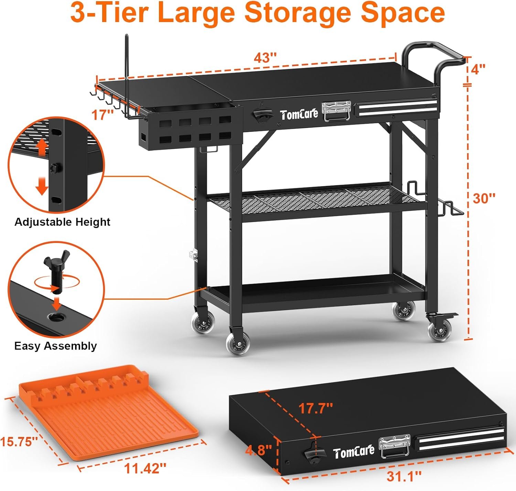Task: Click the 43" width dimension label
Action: [265, 57]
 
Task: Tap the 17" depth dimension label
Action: [103, 115]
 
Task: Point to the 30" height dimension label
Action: [484, 199]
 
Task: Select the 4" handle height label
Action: [478, 69]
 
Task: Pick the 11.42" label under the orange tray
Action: [145, 468]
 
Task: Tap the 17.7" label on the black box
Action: [315, 408]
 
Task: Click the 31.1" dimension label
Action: [404, 476]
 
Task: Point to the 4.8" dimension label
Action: [259, 450]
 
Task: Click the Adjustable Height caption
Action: [62, 222]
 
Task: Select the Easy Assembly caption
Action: [55, 346]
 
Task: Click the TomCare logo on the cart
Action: [299, 115]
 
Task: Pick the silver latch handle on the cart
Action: [336, 111]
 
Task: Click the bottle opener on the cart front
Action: [262, 115]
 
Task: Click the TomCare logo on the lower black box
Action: [354, 452]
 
